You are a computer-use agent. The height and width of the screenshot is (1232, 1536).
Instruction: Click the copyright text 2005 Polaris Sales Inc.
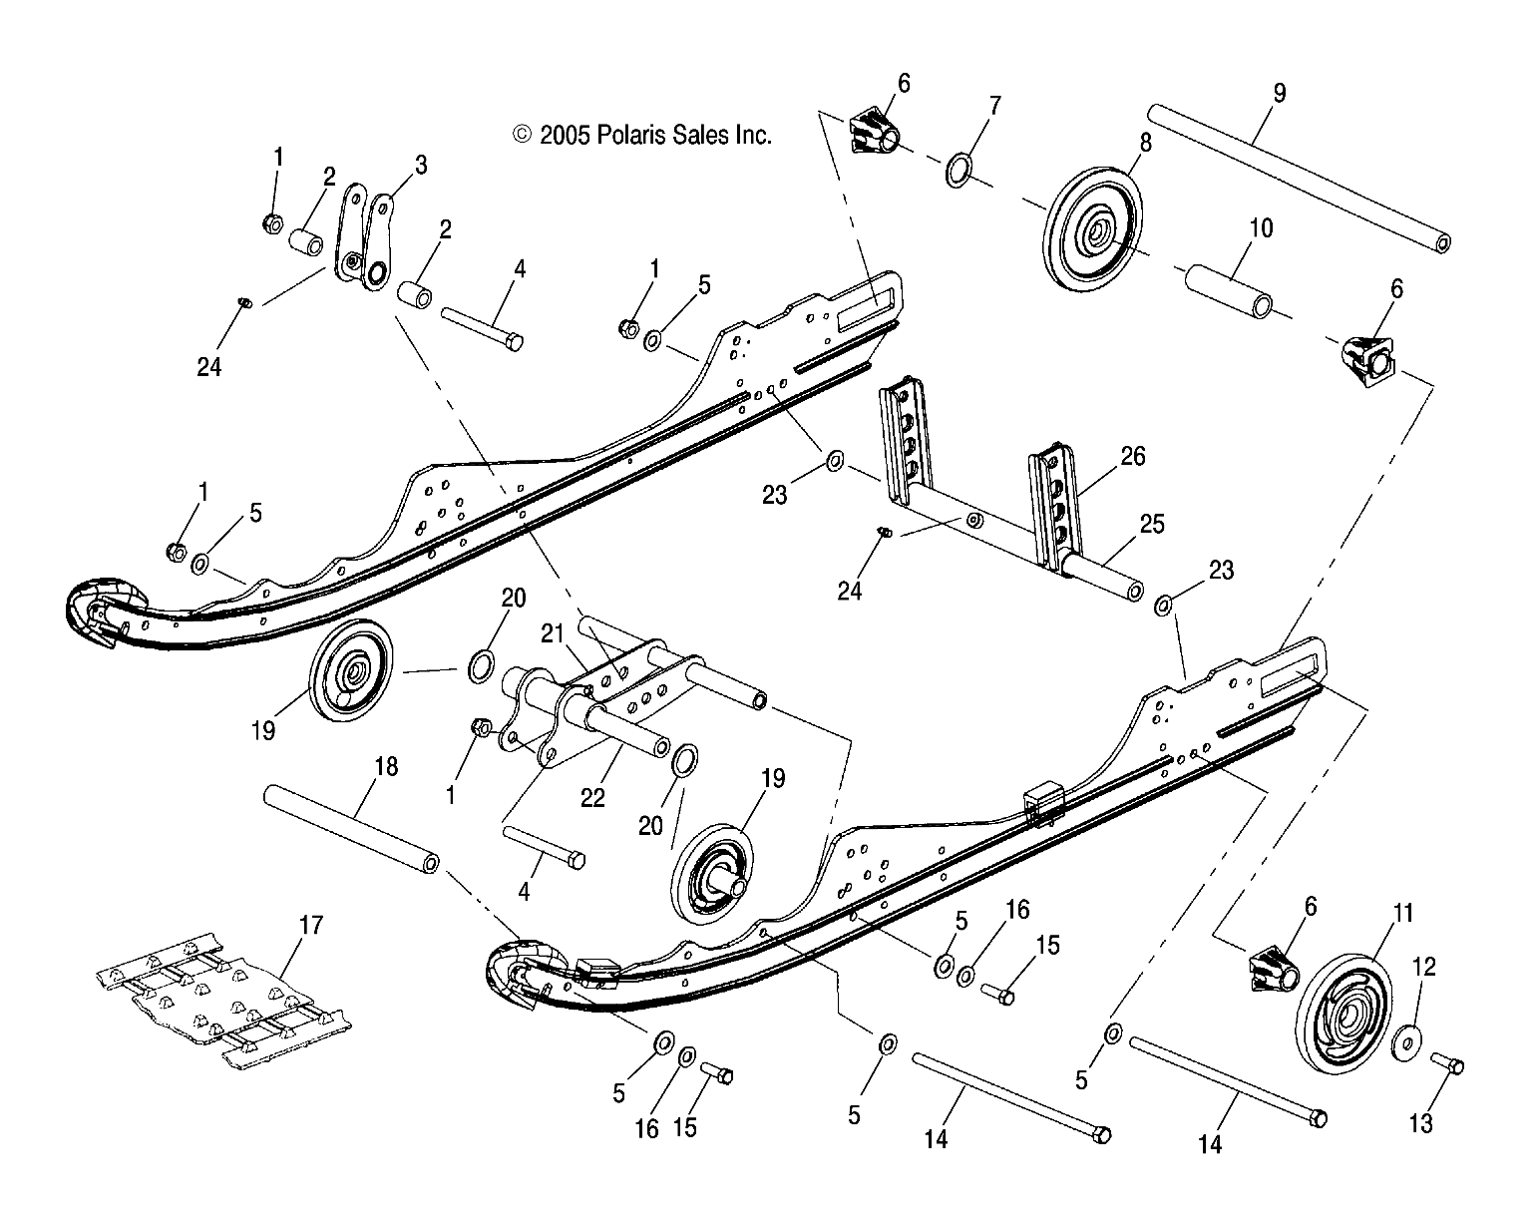click(x=643, y=135)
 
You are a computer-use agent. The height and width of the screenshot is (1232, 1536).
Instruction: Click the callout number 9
click(x=1280, y=93)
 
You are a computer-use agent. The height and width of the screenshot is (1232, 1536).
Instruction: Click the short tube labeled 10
click(x=1228, y=291)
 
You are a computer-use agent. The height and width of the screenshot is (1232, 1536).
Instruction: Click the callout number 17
click(x=311, y=925)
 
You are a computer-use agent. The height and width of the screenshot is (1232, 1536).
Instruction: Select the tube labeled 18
click(x=350, y=828)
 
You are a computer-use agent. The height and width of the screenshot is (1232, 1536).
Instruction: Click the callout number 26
click(x=1133, y=456)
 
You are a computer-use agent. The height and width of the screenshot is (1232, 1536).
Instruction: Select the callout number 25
click(x=1152, y=524)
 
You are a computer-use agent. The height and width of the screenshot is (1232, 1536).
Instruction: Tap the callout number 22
click(x=592, y=798)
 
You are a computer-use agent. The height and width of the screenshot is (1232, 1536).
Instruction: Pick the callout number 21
click(x=553, y=632)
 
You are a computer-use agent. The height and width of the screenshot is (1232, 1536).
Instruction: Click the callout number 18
click(x=386, y=766)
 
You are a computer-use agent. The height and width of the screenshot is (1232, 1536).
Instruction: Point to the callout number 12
click(x=1424, y=966)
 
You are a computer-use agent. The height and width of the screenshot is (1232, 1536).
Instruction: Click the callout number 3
click(x=421, y=165)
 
